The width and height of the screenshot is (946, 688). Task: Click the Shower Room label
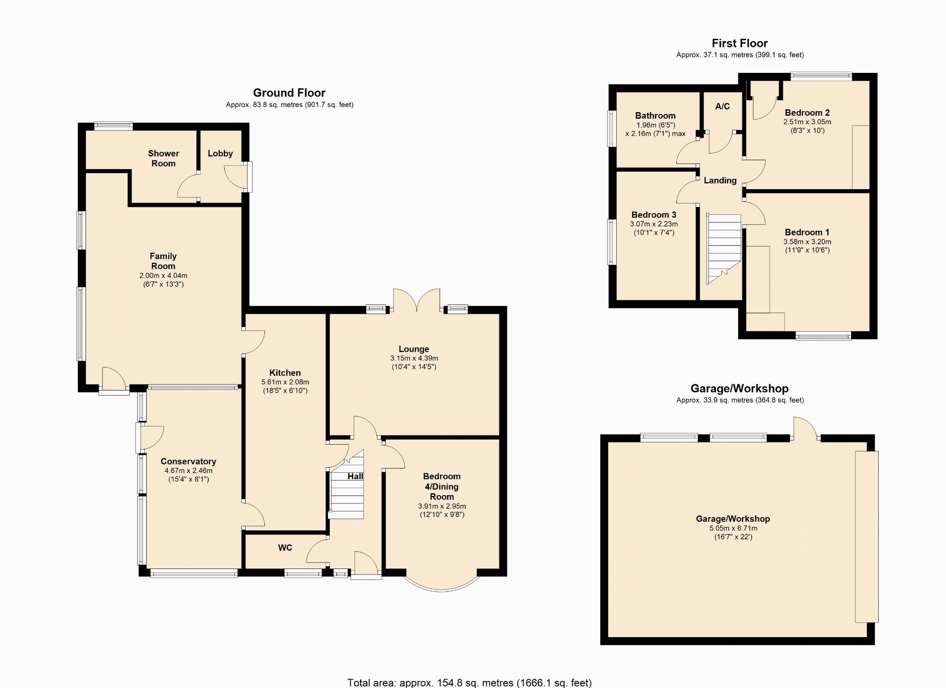[x=164, y=158]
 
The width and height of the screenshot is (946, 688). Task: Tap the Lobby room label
[x=220, y=154]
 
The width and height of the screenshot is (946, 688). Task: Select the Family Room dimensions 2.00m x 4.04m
[x=163, y=276]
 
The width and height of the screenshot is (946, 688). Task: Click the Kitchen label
[x=285, y=373]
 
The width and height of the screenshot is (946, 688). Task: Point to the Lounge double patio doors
[x=417, y=300]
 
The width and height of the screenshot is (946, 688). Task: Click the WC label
[x=285, y=547]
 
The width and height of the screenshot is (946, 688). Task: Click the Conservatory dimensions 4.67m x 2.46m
[x=188, y=471]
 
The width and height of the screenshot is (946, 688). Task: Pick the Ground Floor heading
[x=289, y=92]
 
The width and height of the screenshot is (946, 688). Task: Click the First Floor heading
[x=740, y=43]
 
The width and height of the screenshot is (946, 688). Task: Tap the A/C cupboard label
[x=722, y=106]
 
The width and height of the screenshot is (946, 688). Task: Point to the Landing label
[x=720, y=180]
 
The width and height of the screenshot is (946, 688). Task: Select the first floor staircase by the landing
[x=724, y=248]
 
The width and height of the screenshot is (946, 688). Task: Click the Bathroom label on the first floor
[x=655, y=115]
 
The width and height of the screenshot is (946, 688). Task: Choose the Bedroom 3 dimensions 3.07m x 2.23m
[x=654, y=224]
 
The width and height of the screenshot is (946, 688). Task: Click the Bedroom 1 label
[x=807, y=232]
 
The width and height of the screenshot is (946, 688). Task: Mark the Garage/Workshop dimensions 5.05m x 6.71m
[x=733, y=528]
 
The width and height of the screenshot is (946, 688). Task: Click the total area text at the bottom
[x=469, y=682]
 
